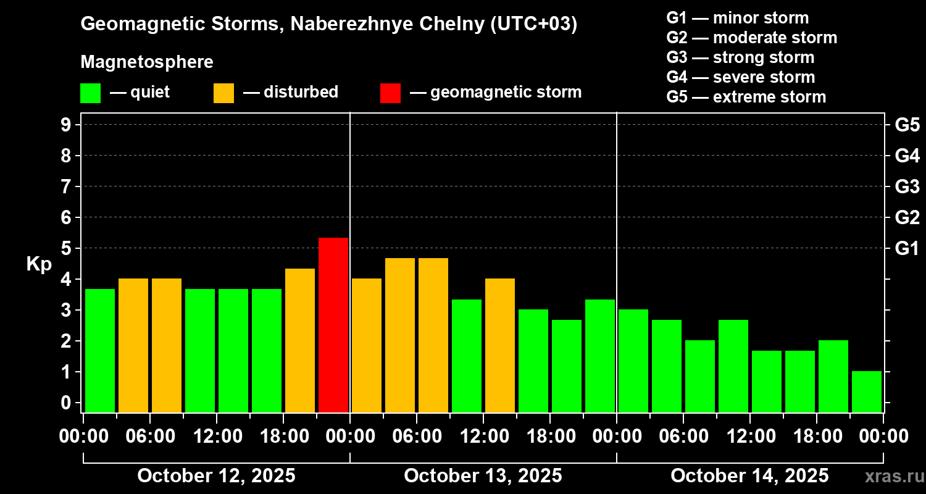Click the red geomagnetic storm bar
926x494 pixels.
[333, 325]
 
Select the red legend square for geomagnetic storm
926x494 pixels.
[390, 93]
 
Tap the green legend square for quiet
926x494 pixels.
[90, 93]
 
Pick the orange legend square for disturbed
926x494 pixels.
[223, 93]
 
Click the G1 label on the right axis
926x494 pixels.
[907, 249]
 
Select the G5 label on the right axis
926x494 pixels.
[907, 125]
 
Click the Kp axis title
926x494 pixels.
[39, 264]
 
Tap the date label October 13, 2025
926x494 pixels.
[483, 476]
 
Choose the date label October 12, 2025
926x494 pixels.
[216, 476]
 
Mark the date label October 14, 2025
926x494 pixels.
[749, 476]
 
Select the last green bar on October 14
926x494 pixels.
[867, 391]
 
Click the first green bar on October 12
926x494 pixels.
[100, 350]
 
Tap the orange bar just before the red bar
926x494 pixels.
[300, 340]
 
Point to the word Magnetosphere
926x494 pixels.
[147, 62]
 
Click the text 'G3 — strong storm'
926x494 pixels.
[740, 57]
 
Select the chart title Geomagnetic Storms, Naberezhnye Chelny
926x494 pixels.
[328, 24]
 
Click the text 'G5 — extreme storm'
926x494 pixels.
[746, 97]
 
